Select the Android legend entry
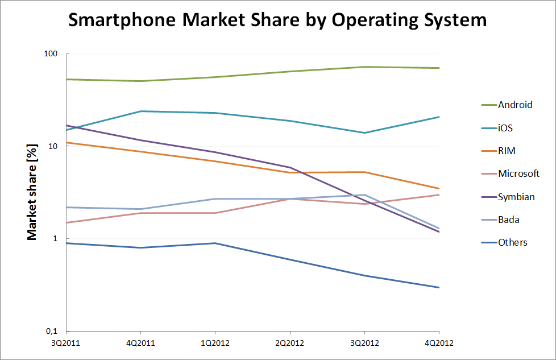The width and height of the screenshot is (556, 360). pos(515,105)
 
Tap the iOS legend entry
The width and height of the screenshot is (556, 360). pos(505,128)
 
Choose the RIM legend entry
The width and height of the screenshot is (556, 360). pos(507,151)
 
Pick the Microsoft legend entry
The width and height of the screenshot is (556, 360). pos(518,173)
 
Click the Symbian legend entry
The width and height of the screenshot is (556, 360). pos(516,197)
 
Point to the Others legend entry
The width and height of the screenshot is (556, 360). pos(512,243)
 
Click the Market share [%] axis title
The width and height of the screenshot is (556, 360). pos(34,192)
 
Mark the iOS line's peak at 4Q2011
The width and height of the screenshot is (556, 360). pos(141,111)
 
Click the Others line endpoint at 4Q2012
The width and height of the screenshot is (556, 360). pos(438,287)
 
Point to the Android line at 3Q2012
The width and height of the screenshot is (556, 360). pos(364,67)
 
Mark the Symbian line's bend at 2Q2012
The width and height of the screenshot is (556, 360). pos(290,168)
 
